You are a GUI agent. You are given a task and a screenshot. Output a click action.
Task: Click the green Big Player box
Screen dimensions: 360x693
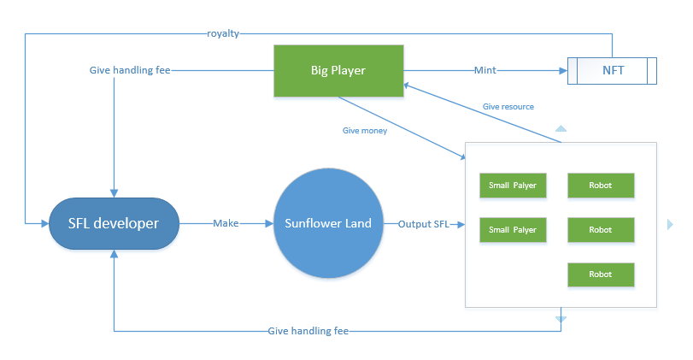338,70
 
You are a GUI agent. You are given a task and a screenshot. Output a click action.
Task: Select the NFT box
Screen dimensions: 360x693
612,70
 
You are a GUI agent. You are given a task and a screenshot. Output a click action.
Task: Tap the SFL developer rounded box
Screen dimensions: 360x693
114,224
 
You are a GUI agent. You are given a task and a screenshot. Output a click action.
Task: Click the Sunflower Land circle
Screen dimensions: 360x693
328,224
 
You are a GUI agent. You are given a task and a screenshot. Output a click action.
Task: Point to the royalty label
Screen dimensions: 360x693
223,33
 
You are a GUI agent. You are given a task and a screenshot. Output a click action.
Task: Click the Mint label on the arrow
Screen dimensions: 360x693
485,70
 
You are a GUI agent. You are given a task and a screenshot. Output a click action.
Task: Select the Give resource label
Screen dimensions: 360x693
508,107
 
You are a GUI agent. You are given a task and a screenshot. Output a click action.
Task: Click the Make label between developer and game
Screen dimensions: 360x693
226,224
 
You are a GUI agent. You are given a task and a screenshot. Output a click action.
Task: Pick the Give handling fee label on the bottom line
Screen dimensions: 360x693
308,330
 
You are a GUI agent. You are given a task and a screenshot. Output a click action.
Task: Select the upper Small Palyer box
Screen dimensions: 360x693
513,185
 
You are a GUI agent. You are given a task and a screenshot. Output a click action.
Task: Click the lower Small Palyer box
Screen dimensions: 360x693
513,230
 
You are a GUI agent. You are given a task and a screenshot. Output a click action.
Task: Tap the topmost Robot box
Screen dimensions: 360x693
601,185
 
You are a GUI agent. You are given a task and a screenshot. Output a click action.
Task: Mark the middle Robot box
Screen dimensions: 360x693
601,230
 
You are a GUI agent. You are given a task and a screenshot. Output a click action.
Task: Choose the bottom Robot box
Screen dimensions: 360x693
601,274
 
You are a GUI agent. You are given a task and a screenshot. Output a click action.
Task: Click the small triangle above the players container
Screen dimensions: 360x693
561,128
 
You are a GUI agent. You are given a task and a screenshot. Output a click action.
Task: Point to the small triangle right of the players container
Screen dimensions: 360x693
669,224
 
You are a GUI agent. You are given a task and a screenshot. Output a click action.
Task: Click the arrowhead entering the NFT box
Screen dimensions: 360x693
563,70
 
